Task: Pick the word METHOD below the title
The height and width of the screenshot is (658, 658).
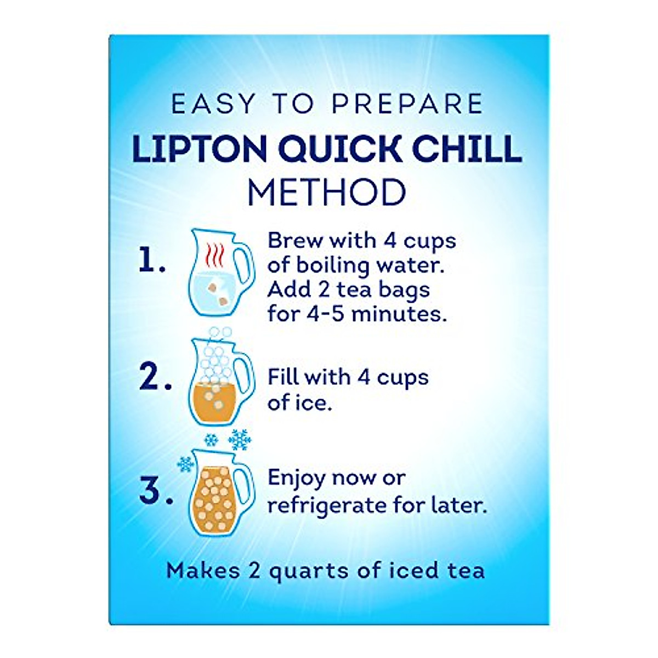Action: point(327,192)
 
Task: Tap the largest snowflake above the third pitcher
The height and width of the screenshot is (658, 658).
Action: point(240,440)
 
